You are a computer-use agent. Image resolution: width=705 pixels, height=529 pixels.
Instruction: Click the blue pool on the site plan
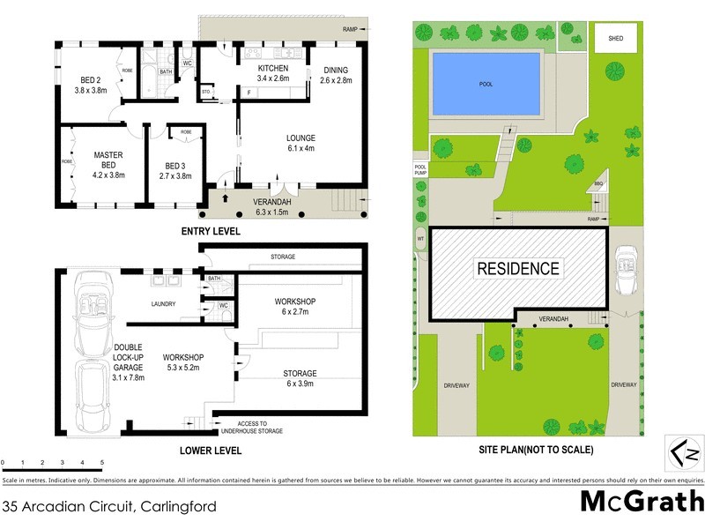[x=486, y=84]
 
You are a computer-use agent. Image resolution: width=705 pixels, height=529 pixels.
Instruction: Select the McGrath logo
[x=641, y=503]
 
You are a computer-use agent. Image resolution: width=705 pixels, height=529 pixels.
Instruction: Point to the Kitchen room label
[x=273, y=68]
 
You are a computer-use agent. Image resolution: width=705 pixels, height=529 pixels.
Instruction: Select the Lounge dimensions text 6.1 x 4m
[x=300, y=149]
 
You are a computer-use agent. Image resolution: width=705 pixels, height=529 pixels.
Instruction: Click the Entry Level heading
[x=211, y=232]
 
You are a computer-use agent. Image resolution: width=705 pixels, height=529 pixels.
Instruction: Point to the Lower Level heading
[x=211, y=451]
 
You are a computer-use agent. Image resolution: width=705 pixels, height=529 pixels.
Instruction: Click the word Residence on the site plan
[x=517, y=269]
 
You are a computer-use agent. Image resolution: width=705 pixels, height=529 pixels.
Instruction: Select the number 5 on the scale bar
[x=102, y=463]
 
